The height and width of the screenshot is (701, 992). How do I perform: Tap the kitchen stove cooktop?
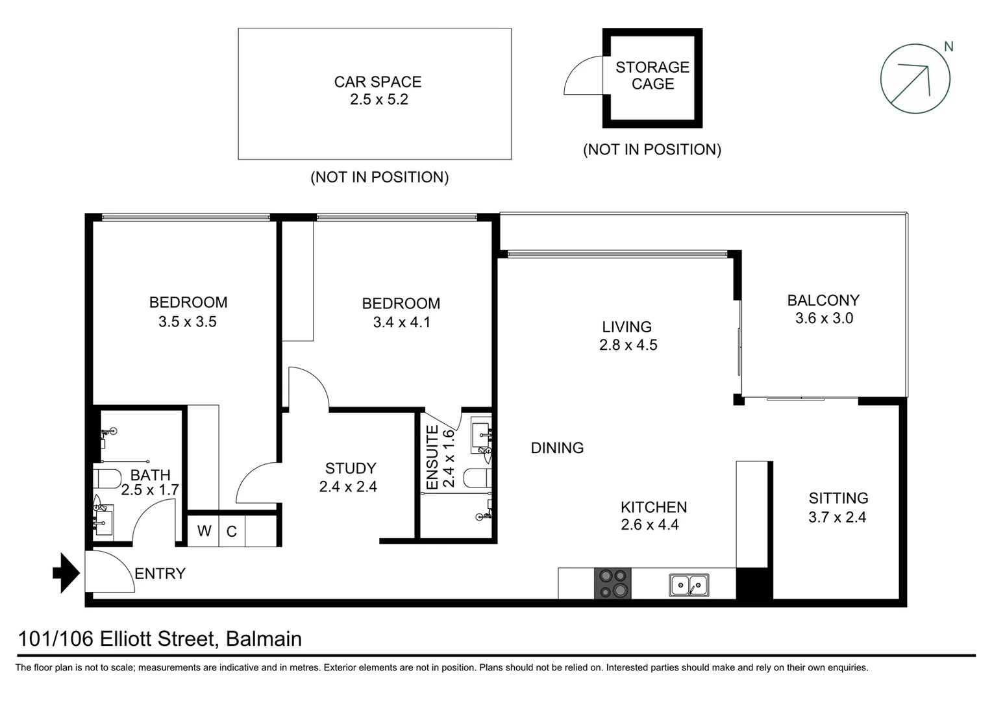[613, 583]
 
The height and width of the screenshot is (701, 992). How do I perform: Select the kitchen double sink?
[689, 585]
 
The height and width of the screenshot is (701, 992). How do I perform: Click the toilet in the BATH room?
[106, 480]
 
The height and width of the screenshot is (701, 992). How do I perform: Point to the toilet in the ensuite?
[477, 478]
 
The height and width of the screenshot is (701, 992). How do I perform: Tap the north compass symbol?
[915, 79]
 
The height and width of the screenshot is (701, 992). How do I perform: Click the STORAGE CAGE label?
[652, 76]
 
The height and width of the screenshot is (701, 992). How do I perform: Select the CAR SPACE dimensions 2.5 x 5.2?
[378, 100]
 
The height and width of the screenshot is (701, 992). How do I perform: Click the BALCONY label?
[823, 301]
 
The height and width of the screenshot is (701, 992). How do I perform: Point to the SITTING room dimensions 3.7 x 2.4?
[837, 517]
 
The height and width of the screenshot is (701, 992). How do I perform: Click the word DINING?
[557, 448]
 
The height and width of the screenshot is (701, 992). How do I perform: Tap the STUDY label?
[351, 469]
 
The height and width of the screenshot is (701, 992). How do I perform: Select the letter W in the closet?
[204, 531]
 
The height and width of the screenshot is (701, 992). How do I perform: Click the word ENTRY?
[160, 574]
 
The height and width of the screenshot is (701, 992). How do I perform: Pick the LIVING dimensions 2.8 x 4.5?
[628, 345]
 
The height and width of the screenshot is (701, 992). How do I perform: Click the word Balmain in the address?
[264, 639]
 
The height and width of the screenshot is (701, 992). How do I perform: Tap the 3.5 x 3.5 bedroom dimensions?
[188, 322]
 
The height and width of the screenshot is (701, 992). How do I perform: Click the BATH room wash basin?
[104, 521]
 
